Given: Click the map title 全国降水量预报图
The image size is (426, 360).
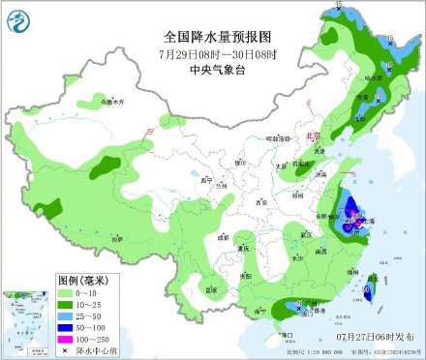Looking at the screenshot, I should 219,36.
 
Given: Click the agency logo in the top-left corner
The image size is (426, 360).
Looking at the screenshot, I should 18,17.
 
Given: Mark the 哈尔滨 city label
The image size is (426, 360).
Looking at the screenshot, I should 368,77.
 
